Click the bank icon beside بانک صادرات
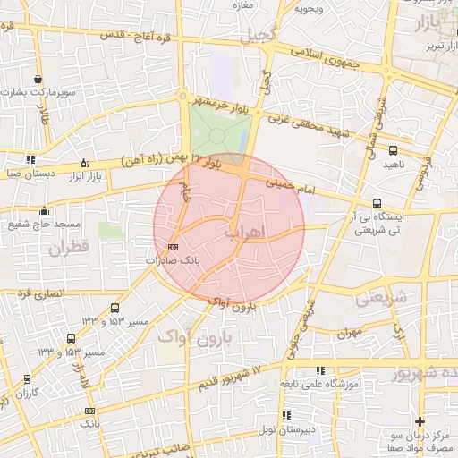pyautogui.click(x=173, y=248)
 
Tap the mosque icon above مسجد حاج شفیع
pyautogui.click(x=44, y=211)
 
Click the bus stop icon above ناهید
pyautogui.click(x=394, y=150)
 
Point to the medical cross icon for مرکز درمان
pyautogui.click(x=420, y=421)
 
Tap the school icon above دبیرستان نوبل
pyautogui.click(x=286, y=415)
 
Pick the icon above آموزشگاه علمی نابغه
pyautogui.click(x=320, y=370)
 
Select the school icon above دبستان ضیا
pyautogui.click(x=30, y=159)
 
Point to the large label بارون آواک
pyautogui.click(x=202, y=339)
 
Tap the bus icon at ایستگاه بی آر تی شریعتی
pyautogui.click(x=377, y=203)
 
